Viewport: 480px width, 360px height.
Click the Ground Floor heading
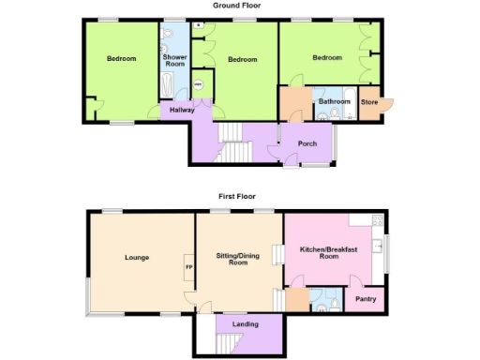click(236, 6)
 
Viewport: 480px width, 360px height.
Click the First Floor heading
click(237, 197)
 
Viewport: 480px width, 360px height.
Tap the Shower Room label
click(175, 62)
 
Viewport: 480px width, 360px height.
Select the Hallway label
click(181, 111)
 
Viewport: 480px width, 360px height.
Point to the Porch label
click(307, 143)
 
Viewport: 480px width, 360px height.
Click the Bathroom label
click(334, 101)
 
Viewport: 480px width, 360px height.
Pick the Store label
click(369, 101)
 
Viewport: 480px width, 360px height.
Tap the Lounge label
click(138, 256)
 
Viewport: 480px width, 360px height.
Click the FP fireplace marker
click(188, 267)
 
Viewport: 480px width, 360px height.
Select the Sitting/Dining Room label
click(237, 260)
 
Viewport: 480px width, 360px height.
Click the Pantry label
click(365, 301)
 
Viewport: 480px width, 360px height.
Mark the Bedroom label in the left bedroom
click(121, 59)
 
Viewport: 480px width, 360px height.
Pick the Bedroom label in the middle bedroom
click(242, 60)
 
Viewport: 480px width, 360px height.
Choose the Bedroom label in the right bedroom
click(327, 58)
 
